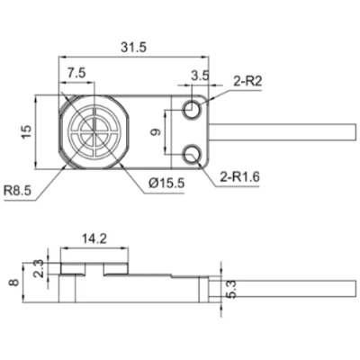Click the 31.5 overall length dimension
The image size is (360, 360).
(134, 47)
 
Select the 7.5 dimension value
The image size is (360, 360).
(76, 73)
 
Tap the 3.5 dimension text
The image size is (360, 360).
(200, 76)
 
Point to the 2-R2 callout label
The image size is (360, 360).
(247, 81)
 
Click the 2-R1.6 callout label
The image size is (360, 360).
(239, 177)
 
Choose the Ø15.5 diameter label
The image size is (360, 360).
(166, 183)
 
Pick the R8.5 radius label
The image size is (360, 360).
(17, 190)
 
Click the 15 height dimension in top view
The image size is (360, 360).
(26, 132)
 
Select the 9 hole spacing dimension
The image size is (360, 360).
(156, 132)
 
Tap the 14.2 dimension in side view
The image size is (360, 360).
(94, 238)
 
